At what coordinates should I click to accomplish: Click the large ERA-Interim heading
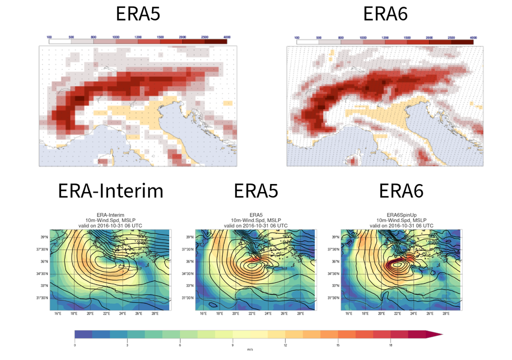pos(110,191)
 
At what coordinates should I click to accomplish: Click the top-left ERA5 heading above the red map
pos(138,14)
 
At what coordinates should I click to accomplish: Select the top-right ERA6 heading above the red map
pos(385,14)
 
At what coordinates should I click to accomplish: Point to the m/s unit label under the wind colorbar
pos(250,349)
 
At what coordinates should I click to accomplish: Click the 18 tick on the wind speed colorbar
pos(390,345)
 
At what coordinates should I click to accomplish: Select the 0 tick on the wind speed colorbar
pos(75,345)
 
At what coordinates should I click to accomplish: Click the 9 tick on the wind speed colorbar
pos(232,345)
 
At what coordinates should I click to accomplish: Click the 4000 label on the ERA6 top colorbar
pos(472,37)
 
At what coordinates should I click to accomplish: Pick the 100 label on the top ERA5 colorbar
pos(49,37)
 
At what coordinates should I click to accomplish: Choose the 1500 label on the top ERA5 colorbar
pos(160,37)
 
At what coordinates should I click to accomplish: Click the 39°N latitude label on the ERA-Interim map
pos(44,237)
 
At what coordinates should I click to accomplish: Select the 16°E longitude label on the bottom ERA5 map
pos(203,313)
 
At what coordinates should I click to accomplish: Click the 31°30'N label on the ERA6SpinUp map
pos(332,298)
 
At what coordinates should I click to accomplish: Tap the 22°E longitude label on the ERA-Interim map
pos(106,313)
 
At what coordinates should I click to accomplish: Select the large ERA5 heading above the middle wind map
pos(255,191)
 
